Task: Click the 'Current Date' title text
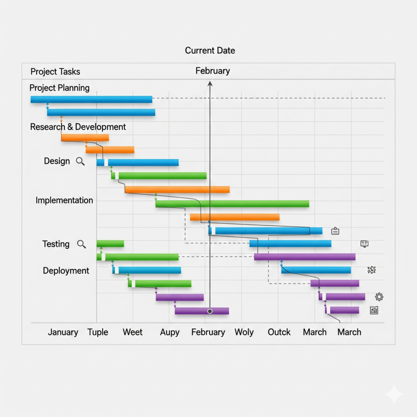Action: (x=210, y=50)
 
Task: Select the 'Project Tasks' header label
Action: (x=55, y=72)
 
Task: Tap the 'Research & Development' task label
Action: (x=78, y=127)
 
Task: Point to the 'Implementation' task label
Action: (x=64, y=200)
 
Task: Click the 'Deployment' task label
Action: (x=66, y=270)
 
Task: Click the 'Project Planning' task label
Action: (x=59, y=88)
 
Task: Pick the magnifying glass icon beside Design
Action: (x=81, y=161)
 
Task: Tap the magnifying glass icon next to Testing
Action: (x=81, y=244)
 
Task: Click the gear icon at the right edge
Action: (x=379, y=296)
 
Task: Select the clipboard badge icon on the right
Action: (x=335, y=231)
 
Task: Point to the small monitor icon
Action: (x=364, y=244)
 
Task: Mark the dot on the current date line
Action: (x=210, y=311)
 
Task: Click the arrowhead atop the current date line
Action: (x=210, y=83)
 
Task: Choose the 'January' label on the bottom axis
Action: (x=63, y=332)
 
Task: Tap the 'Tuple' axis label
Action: (x=98, y=332)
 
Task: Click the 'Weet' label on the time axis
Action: (x=133, y=332)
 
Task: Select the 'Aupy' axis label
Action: (x=169, y=332)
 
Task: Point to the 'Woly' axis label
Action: (x=244, y=332)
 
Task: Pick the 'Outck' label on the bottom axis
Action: (x=279, y=332)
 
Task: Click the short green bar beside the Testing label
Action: (x=110, y=244)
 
